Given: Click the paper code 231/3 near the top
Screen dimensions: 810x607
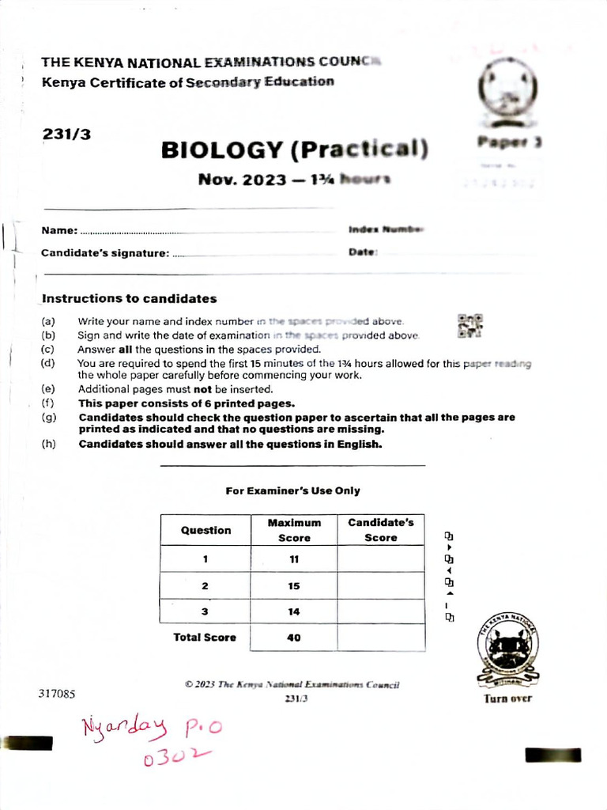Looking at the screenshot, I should pos(66,134).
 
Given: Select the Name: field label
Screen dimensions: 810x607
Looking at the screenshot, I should pos(59,230).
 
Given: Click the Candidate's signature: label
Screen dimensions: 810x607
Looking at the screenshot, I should pos(105,253).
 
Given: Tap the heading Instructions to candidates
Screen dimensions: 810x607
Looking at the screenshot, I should pos(129,299).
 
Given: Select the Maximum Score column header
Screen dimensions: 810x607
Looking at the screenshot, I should pos(294,531).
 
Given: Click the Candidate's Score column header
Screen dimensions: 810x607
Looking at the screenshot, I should pos(380,531).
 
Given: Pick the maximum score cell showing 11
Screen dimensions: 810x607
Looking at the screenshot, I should pos(294,559).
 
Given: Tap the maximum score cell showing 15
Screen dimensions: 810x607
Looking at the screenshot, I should pos(294,586).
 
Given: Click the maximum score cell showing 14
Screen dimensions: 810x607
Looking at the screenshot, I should pos(294,612).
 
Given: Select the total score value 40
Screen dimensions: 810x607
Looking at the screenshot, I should pos(294,638).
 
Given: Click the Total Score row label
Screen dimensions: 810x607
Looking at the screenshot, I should pos(205,638).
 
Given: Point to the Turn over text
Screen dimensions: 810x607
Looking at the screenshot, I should pos(507,698).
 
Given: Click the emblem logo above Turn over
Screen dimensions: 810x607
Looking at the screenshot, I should pos(507,651).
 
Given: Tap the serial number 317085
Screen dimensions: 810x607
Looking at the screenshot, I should pos(56,694).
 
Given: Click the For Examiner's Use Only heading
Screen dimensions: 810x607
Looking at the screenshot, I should pos(292,490).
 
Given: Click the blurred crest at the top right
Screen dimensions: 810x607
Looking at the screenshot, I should pos(506,97).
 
